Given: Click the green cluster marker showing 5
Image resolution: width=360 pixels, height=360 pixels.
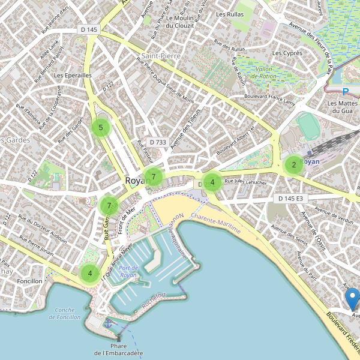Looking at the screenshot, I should pyautogui.click(x=101, y=127).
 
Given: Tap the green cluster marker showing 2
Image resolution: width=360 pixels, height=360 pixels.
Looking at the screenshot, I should pyautogui.click(x=293, y=165).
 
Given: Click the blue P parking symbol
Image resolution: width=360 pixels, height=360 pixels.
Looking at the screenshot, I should pyautogui.click(x=345, y=92).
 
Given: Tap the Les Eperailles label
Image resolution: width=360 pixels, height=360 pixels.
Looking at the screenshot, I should pyautogui.click(x=72, y=76).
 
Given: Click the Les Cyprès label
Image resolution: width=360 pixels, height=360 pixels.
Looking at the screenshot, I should pyautogui.click(x=287, y=53).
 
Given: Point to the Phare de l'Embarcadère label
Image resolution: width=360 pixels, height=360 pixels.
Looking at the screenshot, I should pyautogui.click(x=119, y=349).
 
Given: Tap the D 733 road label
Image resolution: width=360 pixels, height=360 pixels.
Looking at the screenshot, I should pyautogui.click(x=157, y=142).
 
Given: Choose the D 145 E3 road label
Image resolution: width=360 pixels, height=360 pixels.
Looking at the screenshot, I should pyautogui.click(x=291, y=198).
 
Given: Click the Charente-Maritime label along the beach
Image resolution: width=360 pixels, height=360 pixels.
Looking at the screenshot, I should pyautogui.click(x=215, y=227).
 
